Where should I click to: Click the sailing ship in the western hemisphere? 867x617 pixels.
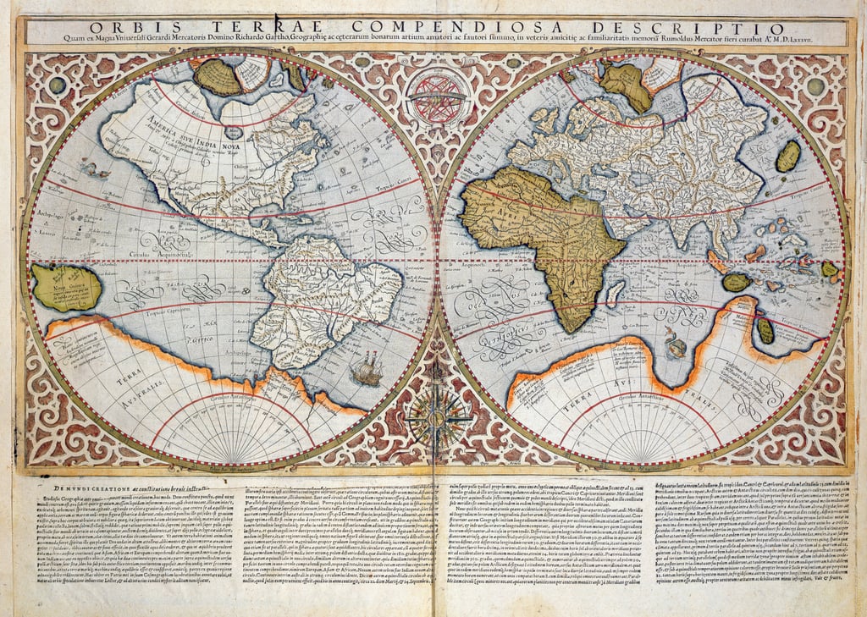pos(367,371)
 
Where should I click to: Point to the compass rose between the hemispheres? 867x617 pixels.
pos(437,415)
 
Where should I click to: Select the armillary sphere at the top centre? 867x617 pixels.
pos(437,96)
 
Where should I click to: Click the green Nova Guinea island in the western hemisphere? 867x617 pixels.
pos(67,287)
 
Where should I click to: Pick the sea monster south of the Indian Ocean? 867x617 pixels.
pos(675,343)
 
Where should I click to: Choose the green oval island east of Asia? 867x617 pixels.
pos(788,156)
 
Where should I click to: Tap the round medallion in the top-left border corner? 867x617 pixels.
pos(57,85)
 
